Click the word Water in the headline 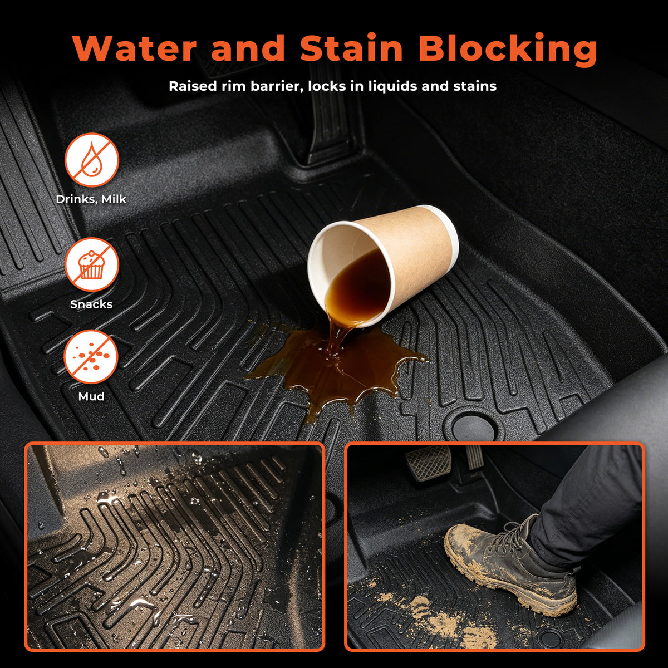click(x=135, y=48)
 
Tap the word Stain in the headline click(x=351, y=48)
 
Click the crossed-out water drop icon click(x=92, y=160)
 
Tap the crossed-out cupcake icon click(x=92, y=265)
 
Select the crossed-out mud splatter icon click(x=91, y=357)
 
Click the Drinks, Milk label click(x=91, y=199)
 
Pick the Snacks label click(x=91, y=304)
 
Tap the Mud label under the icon click(x=91, y=396)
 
